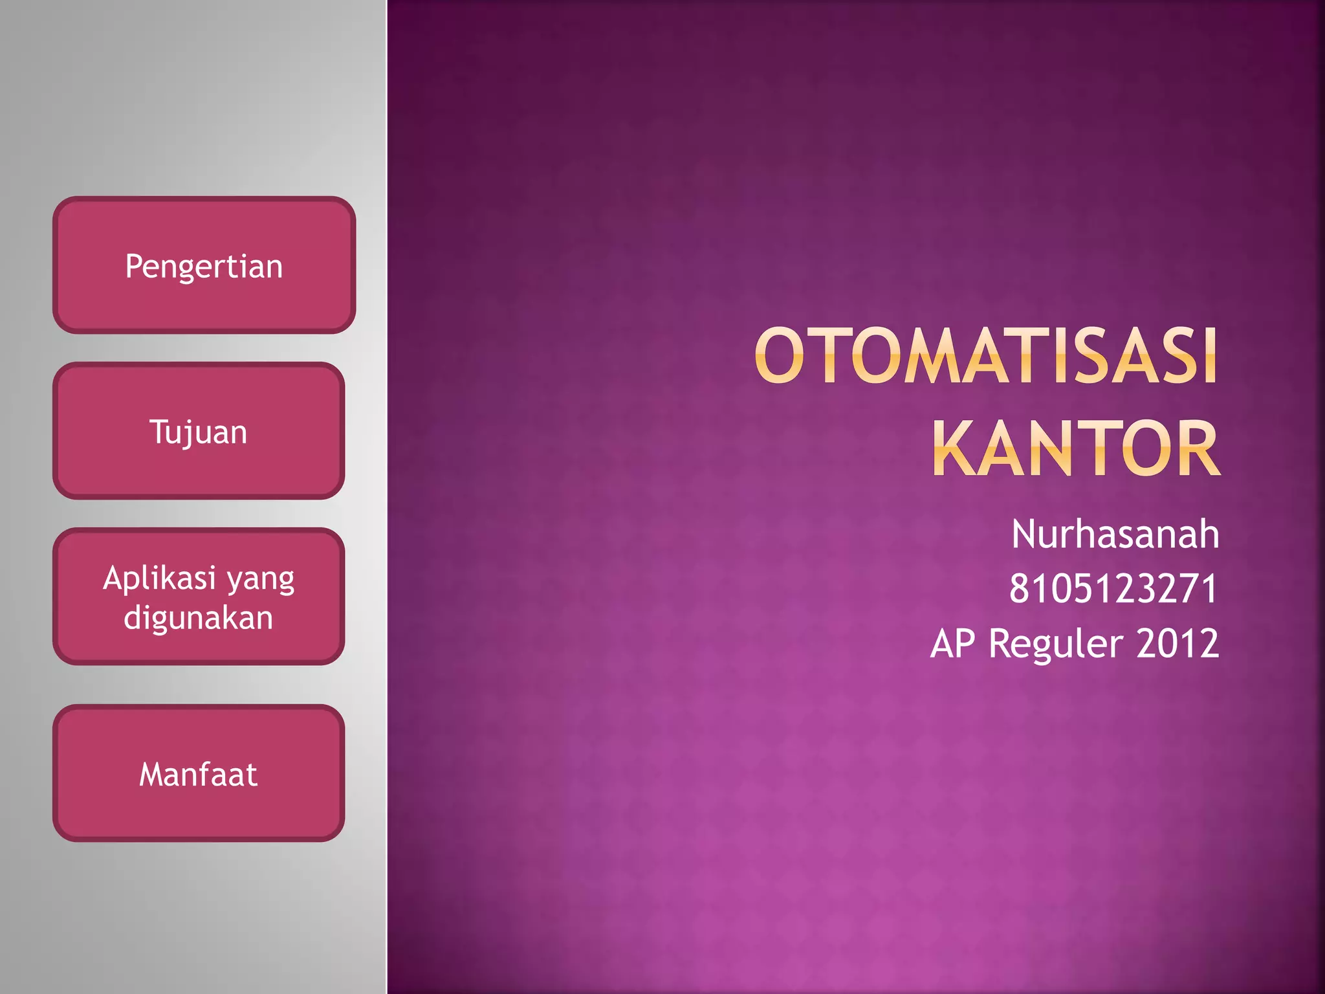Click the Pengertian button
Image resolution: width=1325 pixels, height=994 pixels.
[x=204, y=265]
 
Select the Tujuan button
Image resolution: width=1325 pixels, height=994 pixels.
[x=199, y=431]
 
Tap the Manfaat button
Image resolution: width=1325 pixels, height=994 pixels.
[x=199, y=773]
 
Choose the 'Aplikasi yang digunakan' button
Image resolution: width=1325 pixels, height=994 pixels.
[x=199, y=597]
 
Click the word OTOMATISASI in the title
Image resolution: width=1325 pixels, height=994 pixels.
[x=986, y=356]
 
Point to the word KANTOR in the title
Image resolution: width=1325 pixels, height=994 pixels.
[x=1075, y=448]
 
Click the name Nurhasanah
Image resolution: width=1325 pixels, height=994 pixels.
[x=1115, y=535]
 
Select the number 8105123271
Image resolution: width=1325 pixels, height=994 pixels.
[x=1113, y=589]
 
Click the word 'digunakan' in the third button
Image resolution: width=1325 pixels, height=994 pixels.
[x=199, y=618]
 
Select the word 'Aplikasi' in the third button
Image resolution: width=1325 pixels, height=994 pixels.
[x=159, y=578]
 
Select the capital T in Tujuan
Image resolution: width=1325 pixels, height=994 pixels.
[x=159, y=431]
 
